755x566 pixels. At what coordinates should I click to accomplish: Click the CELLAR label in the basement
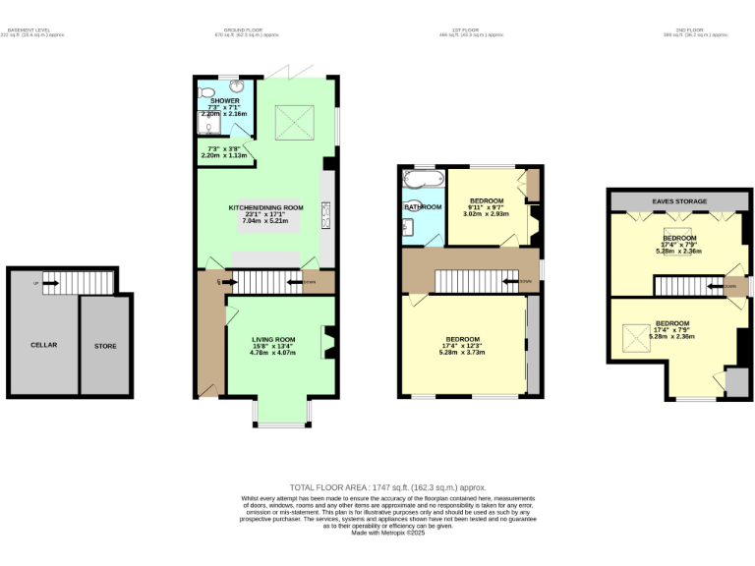[43, 345]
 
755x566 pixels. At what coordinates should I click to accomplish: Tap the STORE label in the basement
[104, 346]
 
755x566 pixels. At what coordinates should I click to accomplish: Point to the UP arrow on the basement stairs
[44, 285]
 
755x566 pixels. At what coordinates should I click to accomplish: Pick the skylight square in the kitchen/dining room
[293, 122]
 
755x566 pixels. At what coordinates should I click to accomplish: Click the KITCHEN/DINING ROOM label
[265, 207]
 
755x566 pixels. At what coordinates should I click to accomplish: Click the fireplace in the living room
[329, 343]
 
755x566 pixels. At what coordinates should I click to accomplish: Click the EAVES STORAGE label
[679, 200]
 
